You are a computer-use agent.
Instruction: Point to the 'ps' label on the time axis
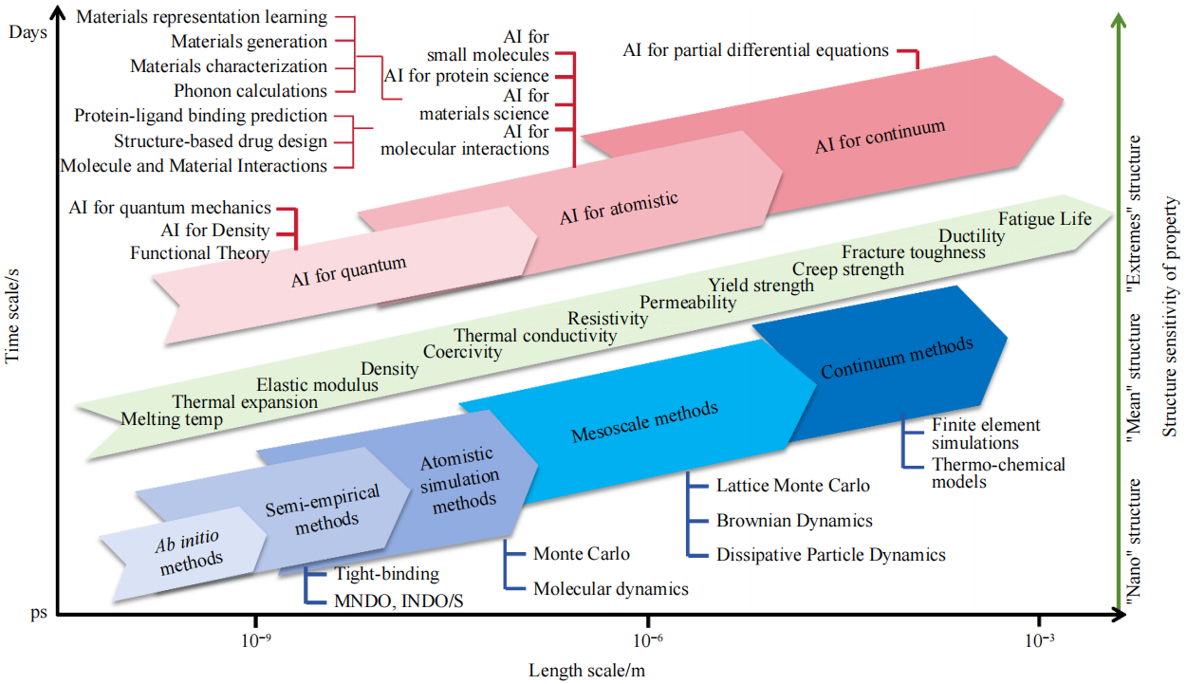click(x=37, y=614)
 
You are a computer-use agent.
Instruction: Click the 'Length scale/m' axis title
click(x=587, y=670)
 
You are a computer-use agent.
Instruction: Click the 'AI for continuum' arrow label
click(x=880, y=137)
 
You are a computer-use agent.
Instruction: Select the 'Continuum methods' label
click(x=897, y=357)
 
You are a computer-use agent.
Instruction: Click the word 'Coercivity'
click(x=462, y=352)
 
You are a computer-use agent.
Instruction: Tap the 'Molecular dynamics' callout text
click(x=610, y=589)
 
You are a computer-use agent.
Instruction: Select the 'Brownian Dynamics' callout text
click(x=794, y=521)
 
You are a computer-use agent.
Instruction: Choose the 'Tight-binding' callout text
click(x=386, y=574)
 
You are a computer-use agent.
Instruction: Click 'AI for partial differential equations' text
click(x=755, y=50)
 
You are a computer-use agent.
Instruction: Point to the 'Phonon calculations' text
click(x=250, y=91)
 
